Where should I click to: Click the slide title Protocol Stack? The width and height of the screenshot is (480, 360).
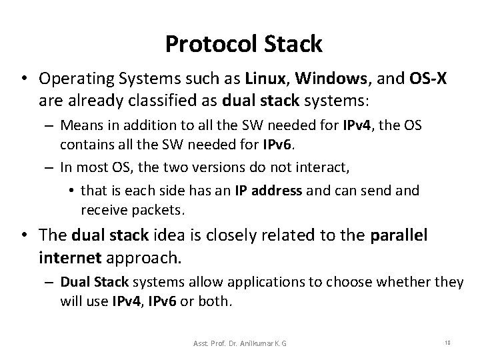click(x=243, y=44)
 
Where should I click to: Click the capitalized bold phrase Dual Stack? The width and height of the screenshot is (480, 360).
click(x=91, y=283)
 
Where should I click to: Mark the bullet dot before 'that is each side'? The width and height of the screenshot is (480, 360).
click(x=71, y=191)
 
